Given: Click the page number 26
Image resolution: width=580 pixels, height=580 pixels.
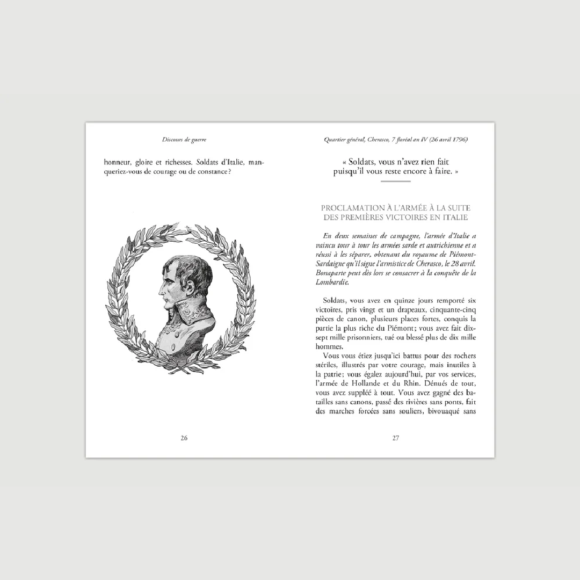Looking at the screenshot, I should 184,438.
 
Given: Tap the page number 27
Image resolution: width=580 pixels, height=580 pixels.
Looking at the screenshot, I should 396,438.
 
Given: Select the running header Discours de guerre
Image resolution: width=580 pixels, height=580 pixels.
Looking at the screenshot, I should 184,140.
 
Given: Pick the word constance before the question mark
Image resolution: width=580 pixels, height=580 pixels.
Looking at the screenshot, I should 212,172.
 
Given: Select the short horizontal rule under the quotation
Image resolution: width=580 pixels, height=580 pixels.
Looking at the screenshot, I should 395,182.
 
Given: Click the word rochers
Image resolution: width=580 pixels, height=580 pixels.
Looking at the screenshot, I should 462,356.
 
